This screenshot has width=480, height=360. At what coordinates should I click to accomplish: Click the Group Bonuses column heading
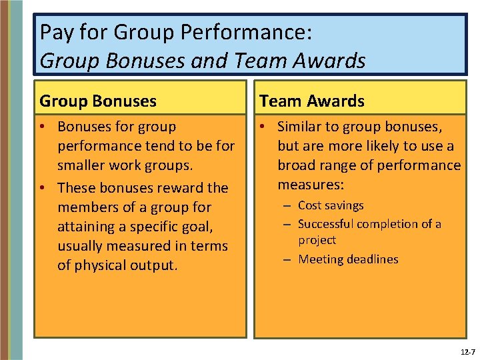pyautogui.click(x=98, y=101)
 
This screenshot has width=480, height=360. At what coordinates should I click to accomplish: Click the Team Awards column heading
pyautogui.click(x=312, y=101)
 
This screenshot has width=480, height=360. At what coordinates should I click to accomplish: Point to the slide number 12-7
pyautogui.click(x=467, y=351)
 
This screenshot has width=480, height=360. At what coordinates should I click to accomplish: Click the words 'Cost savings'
pyautogui.click(x=331, y=205)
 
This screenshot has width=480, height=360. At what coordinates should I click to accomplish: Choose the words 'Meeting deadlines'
pyautogui.click(x=348, y=259)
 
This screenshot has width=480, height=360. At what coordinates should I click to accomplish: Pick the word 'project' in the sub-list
pyautogui.click(x=317, y=240)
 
